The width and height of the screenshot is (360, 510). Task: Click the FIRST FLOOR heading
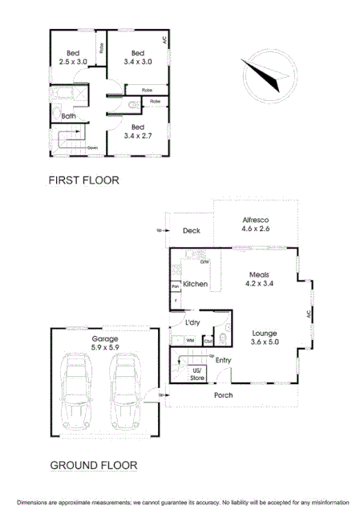(83, 180)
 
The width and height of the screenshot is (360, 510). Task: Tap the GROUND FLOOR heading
(94, 464)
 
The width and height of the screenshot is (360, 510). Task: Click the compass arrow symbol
(268, 74)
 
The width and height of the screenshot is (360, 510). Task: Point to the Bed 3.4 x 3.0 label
(137, 58)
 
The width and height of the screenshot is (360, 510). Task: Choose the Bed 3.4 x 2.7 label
(137, 132)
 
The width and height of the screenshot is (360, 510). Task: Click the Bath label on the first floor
(69, 115)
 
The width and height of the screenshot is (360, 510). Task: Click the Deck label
(191, 231)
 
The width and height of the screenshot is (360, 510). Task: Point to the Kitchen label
(196, 285)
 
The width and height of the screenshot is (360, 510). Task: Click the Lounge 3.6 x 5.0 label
(265, 338)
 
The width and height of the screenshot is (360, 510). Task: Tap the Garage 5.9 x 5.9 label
(99, 343)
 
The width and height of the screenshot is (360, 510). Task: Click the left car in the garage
(78, 394)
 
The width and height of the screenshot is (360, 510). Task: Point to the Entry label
(223, 360)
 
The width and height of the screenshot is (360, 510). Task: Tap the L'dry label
(192, 322)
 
